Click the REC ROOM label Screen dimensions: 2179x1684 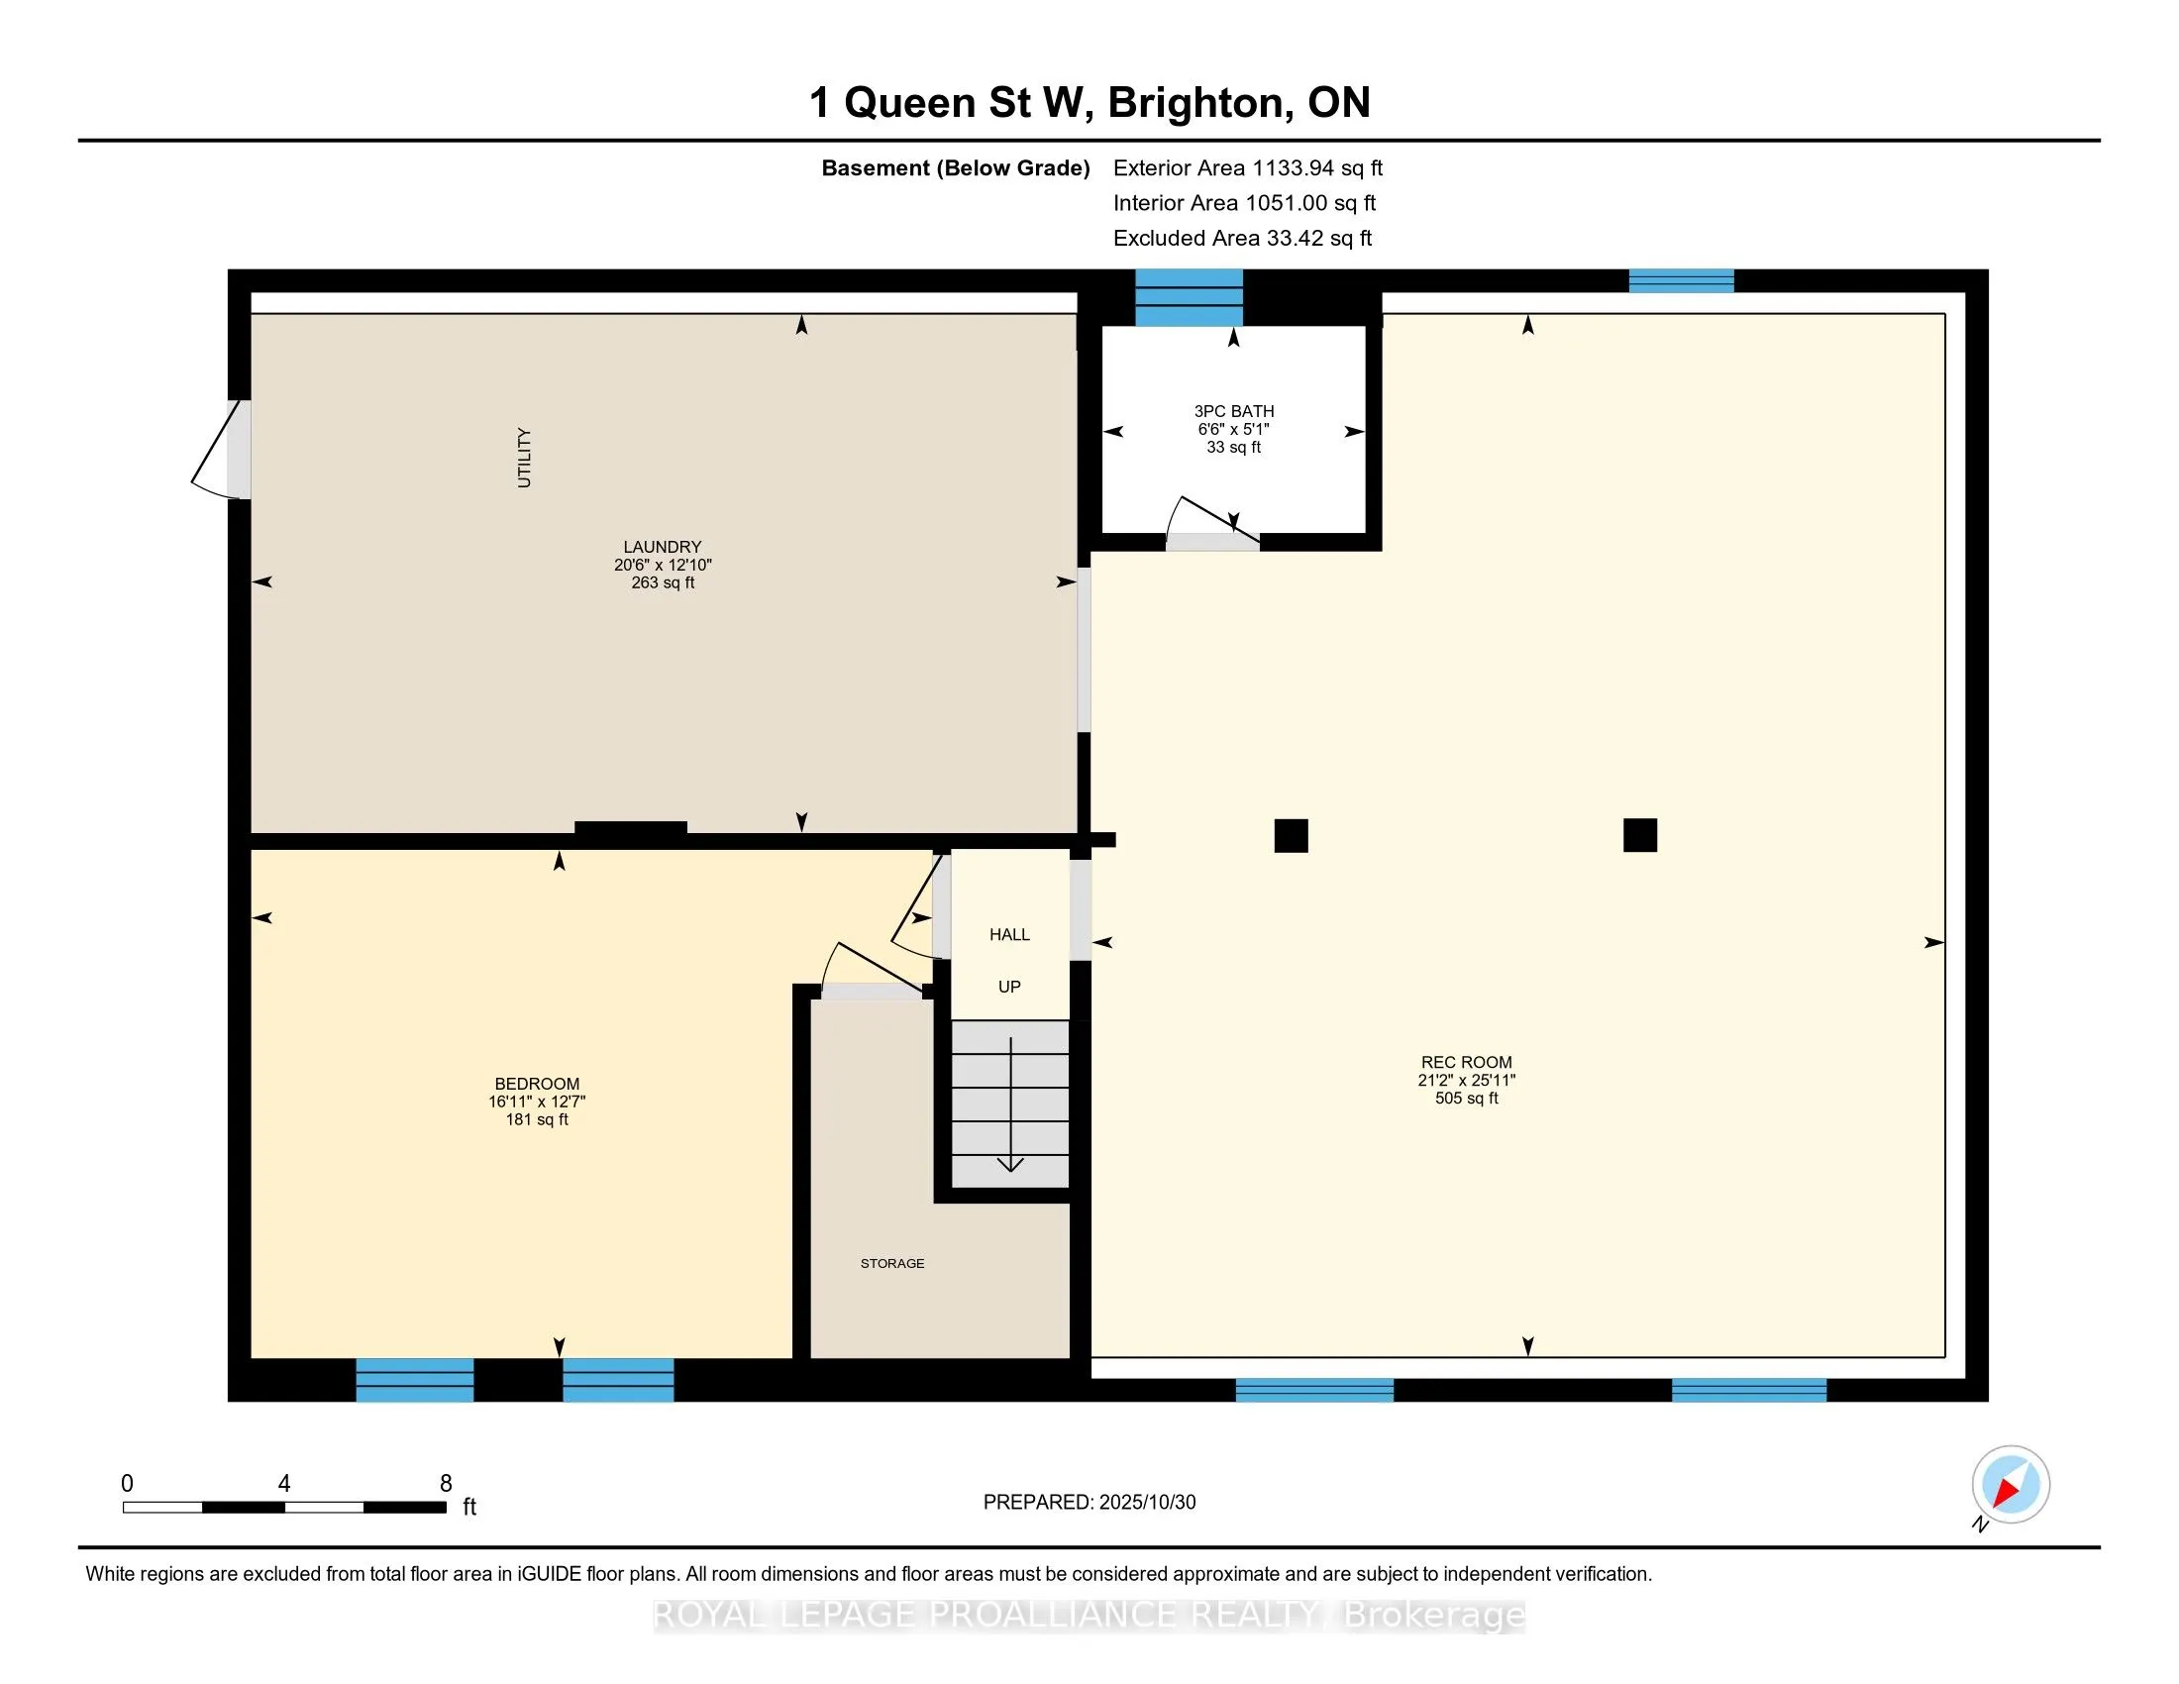1466,1063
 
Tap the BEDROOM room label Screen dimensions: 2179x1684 537,1084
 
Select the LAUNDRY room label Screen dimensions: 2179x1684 663,547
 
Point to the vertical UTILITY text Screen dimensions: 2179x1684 524,458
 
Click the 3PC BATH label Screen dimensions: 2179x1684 1234,411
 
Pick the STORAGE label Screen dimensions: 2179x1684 892,1263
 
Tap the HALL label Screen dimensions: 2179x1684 1009,935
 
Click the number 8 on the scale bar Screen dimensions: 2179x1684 446,1484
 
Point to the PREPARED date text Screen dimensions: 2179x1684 1089,1503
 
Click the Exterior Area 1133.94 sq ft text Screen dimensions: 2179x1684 1248,167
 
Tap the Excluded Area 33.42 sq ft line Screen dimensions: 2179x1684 1243,238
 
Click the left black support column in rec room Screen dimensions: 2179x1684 1291,835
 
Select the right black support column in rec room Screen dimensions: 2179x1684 1640,835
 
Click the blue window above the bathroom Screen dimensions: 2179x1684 1190,297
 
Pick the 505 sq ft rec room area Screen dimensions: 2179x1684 1467,1099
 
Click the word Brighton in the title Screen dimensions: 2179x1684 1194,103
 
